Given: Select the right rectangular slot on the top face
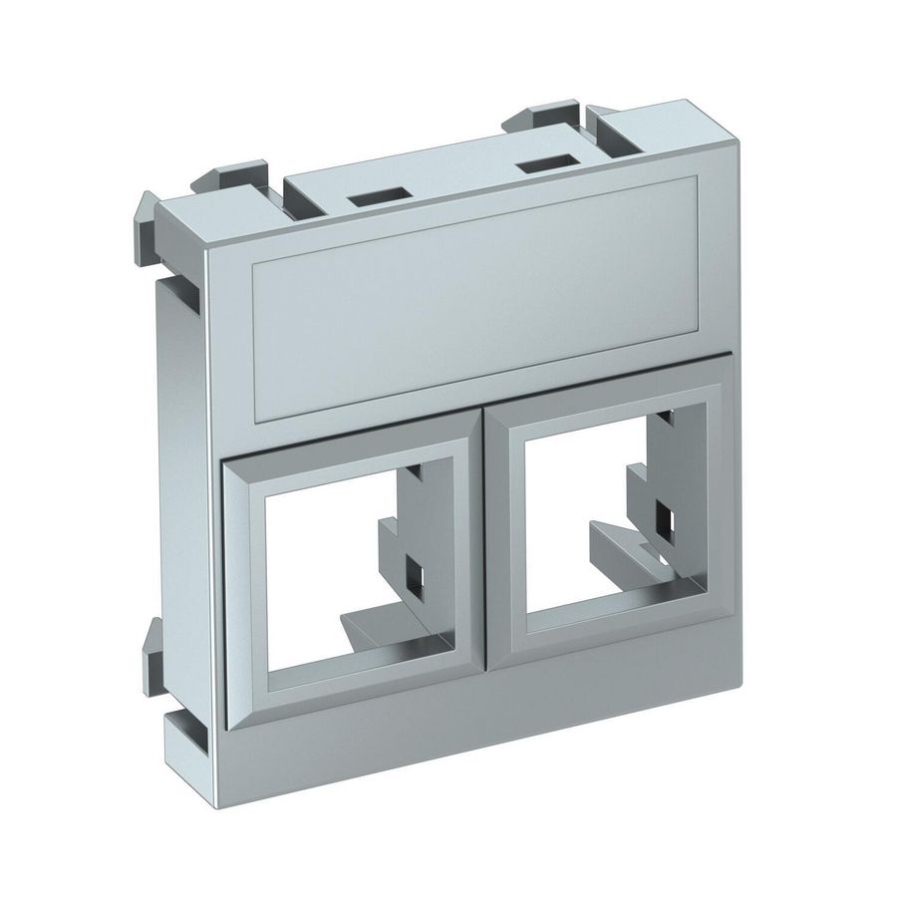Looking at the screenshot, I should coord(547,162).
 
